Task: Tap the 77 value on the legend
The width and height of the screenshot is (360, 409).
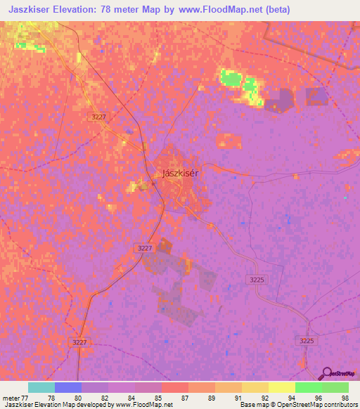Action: [x=27, y=397]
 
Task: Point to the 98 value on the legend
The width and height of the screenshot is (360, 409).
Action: [x=344, y=397]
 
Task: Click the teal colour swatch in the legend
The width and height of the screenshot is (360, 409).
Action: [x=41, y=387]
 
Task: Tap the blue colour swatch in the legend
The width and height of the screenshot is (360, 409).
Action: [x=68, y=387]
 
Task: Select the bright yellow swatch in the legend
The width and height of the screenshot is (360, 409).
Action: [x=282, y=387]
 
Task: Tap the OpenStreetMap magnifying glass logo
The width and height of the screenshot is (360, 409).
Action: [x=326, y=375]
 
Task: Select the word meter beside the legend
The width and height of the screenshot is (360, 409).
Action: [x=11, y=397]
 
